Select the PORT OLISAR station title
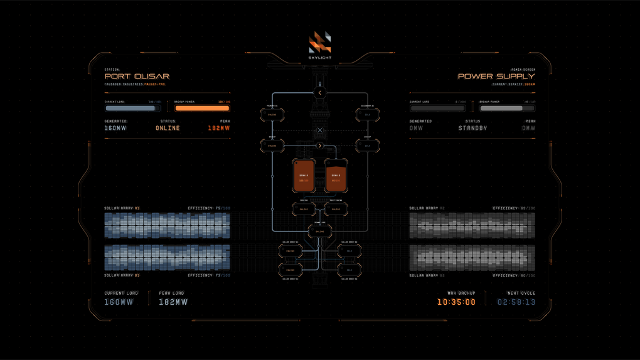coord(137,77)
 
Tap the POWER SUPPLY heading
coord(496,77)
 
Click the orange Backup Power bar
coord(202,109)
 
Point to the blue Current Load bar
coord(132,109)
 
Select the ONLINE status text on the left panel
coord(168,128)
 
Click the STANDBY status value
coord(472,128)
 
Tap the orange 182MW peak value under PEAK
coord(218,128)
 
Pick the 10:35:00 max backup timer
coord(456,302)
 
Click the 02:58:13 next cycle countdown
coord(516,302)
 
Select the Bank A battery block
coord(303,176)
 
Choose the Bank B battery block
coord(336,176)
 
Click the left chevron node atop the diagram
coord(320,93)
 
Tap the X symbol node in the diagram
coord(320,130)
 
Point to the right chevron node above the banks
coord(320,146)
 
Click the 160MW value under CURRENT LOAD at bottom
coord(119,302)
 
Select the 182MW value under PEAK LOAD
coord(173,302)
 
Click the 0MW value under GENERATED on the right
coord(416,128)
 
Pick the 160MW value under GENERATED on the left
coord(115,128)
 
